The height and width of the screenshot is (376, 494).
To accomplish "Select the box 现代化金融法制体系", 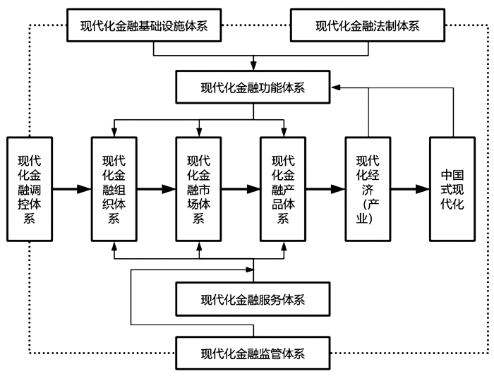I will [367, 26].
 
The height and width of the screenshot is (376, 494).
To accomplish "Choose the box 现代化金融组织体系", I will [114, 188].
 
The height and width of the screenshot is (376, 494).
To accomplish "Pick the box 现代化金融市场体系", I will [199, 188].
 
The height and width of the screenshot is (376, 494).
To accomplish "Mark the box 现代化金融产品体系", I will [284, 188].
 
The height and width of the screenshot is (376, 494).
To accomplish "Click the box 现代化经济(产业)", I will [368, 188].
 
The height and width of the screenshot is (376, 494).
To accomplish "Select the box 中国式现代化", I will [452, 188].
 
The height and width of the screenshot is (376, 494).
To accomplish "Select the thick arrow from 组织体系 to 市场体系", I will [156, 189].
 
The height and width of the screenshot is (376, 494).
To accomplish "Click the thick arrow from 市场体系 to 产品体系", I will [241, 189].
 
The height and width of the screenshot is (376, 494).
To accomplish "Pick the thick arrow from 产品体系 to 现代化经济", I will [325, 189].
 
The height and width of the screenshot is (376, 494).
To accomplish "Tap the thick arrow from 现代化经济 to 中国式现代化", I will [410, 189].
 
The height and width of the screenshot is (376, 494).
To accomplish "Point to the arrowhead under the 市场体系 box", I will [199, 246].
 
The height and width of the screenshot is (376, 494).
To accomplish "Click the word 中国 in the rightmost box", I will [452, 174].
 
